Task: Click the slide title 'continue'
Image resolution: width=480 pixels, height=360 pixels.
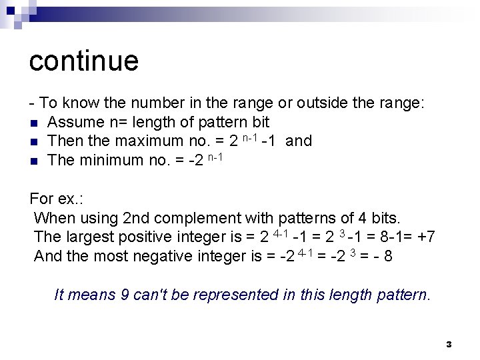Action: (x=84, y=61)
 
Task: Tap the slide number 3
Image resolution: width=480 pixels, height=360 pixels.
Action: (x=449, y=345)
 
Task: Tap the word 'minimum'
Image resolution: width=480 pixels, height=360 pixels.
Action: (x=111, y=160)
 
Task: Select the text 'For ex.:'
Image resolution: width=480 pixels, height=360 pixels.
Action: (x=58, y=199)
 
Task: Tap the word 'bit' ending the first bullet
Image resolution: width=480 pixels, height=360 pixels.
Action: (x=260, y=122)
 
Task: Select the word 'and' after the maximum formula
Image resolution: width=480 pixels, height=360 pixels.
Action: (x=298, y=141)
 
